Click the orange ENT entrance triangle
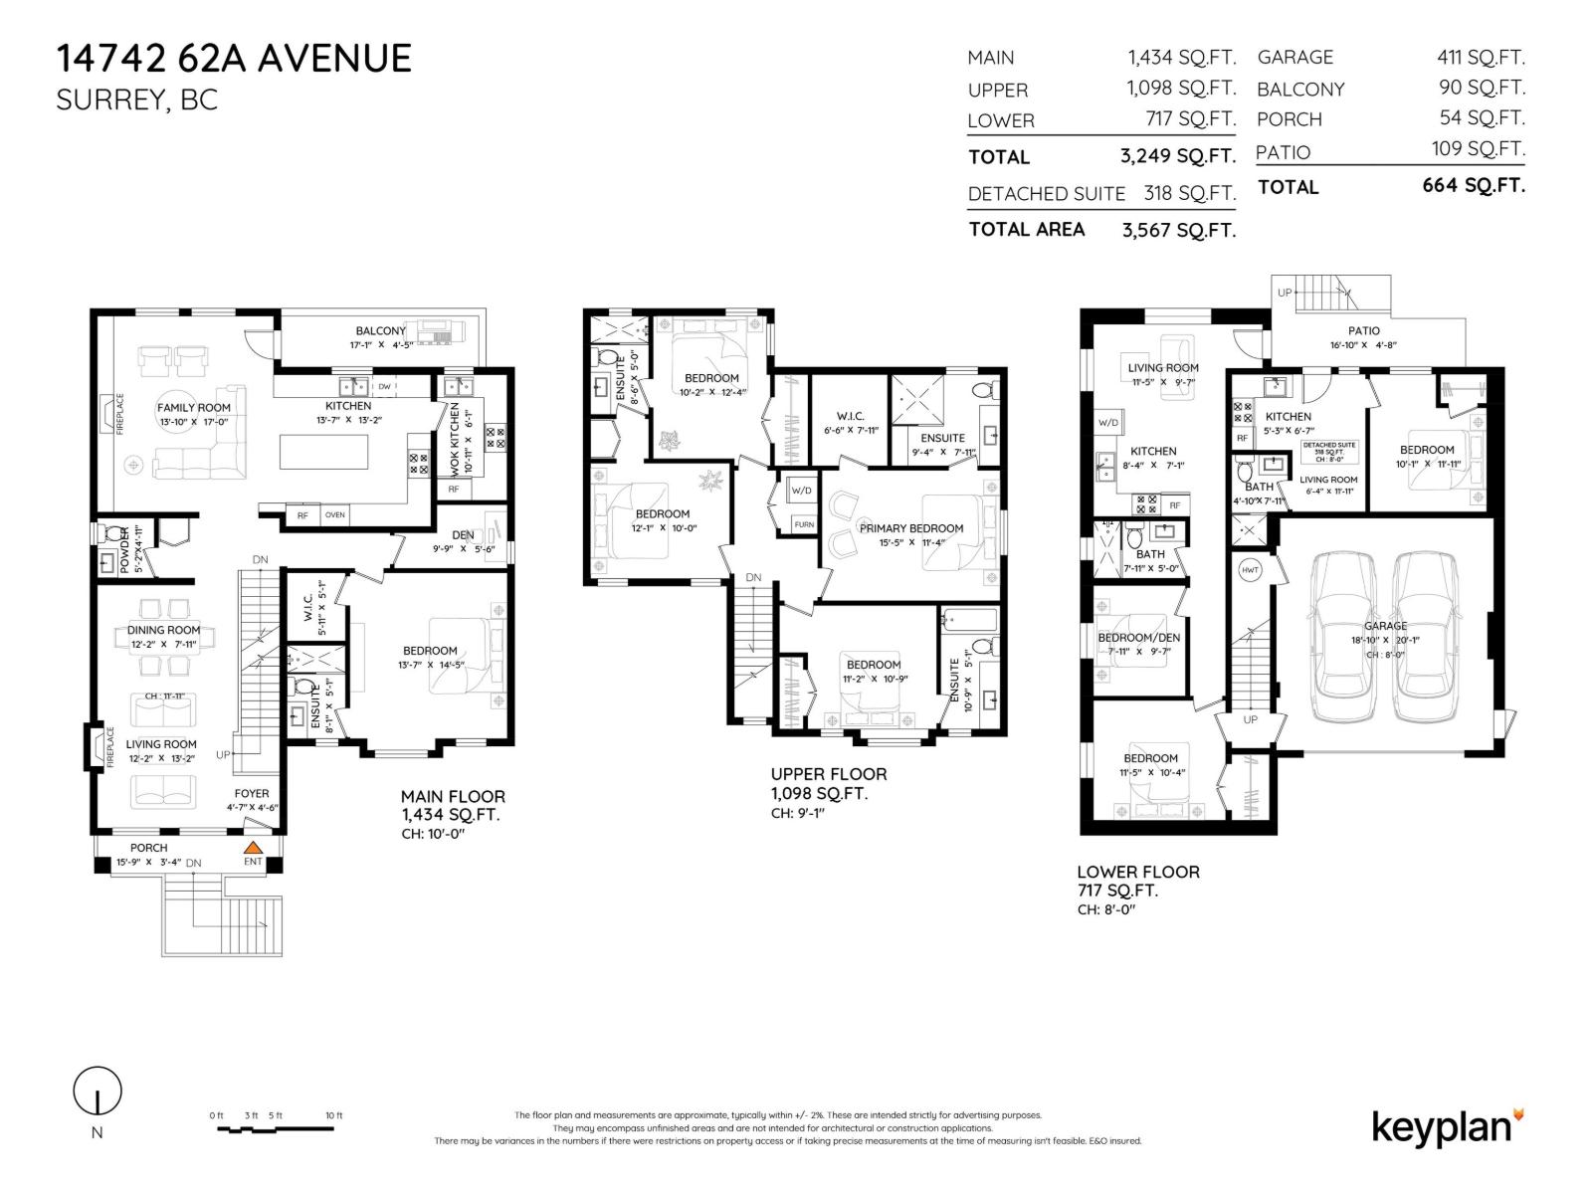coord(253,848)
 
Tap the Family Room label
coord(194,407)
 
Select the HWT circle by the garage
coord(1250,570)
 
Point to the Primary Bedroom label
coord(911,528)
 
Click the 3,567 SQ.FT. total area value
coord(1178,230)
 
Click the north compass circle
coord(98,1092)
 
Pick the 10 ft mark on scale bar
coord(332,1116)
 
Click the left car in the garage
coord(1345,637)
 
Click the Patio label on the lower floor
coord(1364,331)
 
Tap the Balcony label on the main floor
coord(380,331)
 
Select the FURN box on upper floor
coord(803,524)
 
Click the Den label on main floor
coord(463,535)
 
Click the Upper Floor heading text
coord(828,774)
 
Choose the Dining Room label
coord(164,630)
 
